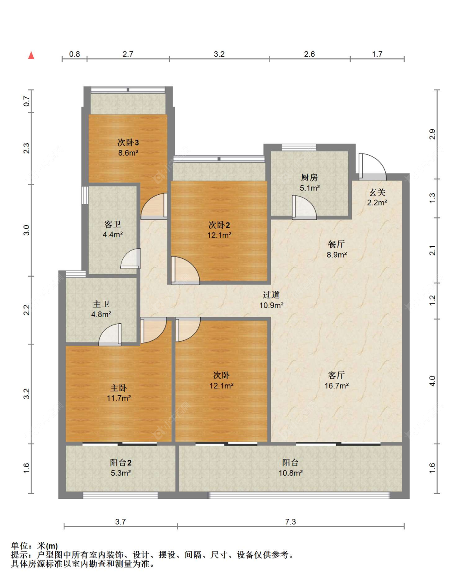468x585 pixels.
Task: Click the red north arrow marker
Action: coord(31,55)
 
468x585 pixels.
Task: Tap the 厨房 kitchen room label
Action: coord(309,178)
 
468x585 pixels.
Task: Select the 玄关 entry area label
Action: coord(377,193)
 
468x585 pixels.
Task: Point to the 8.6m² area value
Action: coord(128,153)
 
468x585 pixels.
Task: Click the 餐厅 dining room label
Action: coord(336,244)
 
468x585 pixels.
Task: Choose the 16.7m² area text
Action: coord(337,385)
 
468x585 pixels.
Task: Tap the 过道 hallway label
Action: coord(271,295)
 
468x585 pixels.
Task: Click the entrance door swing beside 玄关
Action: coord(372,166)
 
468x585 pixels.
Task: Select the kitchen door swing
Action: coord(304,207)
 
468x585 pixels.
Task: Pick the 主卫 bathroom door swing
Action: coord(110,335)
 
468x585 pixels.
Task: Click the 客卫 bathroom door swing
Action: coord(131,258)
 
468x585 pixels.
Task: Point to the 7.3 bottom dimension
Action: coord(290,522)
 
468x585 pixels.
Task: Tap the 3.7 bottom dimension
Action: coord(120,522)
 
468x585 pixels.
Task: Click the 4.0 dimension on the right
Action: coord(432,381)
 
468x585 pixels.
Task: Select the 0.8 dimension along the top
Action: coord(74,54)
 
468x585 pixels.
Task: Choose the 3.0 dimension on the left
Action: coord(26,230)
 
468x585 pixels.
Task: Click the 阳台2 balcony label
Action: coord(121,462)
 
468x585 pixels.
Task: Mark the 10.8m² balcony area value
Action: coord(290,473)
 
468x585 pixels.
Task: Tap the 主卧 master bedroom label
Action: coord(119,388)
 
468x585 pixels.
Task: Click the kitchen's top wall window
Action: coord(299,147)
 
